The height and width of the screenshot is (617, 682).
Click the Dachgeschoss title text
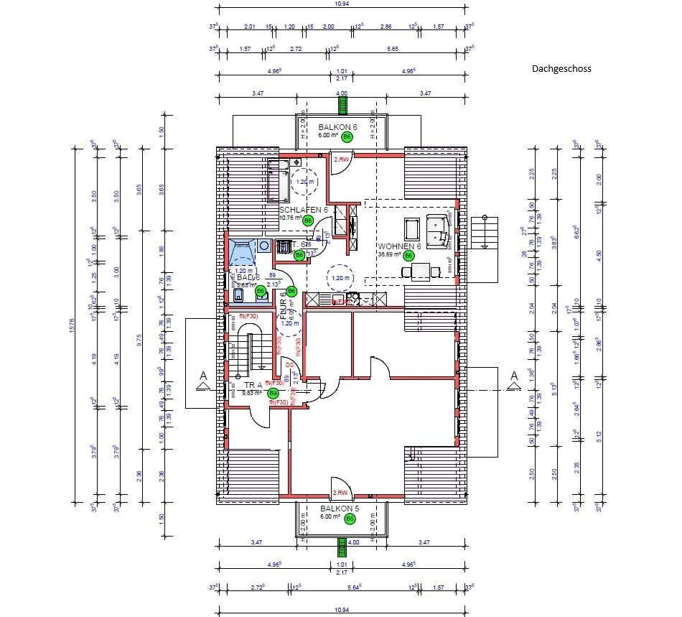pos(561,70)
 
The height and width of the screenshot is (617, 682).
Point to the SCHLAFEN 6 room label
pos(303,209)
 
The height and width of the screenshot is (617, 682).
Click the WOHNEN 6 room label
pos(400,245)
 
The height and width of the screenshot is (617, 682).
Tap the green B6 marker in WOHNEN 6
pos(408,255)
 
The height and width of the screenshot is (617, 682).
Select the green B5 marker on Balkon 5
pos(350,519)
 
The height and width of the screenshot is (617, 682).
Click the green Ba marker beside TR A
pos(273,393)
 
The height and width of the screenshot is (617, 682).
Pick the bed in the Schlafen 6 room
pos(279,180)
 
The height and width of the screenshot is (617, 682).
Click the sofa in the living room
pos(437,229)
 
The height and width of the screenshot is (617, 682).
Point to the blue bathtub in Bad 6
pos(243,253)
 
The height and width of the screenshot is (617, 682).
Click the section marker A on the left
pos(203,377)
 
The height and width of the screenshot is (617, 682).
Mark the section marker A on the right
pos(514,377)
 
